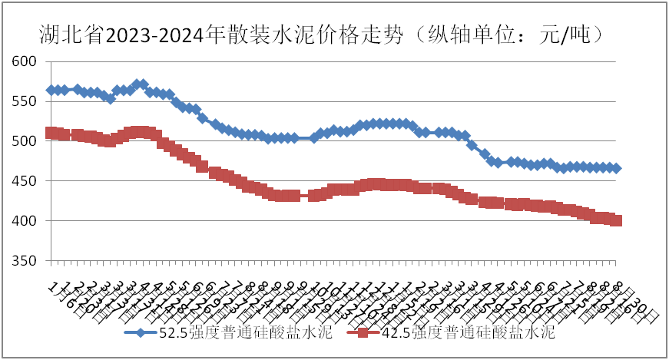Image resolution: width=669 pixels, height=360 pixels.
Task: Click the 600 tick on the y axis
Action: [26, 61]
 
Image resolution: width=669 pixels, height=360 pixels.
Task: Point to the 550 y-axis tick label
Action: [26, 101]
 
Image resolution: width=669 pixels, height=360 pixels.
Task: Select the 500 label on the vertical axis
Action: [26, 141]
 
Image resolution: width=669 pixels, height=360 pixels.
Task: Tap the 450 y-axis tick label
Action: [26, 181]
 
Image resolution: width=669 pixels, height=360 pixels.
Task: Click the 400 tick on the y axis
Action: [26, 221]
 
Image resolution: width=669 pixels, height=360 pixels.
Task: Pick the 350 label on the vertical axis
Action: [26, 261]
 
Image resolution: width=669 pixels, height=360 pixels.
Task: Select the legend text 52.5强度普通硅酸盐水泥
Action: [245, 333]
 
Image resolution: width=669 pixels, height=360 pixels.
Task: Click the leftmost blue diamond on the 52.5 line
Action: [51, 90]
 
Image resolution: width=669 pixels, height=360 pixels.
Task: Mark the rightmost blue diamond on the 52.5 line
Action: [616, 168]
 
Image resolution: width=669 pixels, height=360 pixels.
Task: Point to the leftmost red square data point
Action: [51, 133]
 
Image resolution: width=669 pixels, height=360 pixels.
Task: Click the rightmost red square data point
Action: [616, 220]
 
